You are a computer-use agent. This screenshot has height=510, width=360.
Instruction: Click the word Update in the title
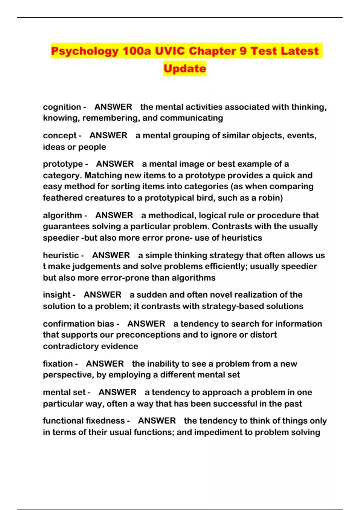tap(185, 68)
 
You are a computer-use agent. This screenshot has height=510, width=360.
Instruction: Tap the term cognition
tap(62, 107)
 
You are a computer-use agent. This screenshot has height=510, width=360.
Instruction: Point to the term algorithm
tap(62, 215)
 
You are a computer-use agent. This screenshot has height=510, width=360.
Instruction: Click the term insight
tap(57, 295)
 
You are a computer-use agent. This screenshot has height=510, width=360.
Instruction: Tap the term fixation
tap(58, 364)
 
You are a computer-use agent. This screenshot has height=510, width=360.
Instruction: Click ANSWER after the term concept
tap(108, 135)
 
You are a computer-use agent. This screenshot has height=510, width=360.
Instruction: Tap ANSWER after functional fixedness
tap(157, 421)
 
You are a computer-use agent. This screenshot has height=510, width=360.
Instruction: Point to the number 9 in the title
tap(243, 51)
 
